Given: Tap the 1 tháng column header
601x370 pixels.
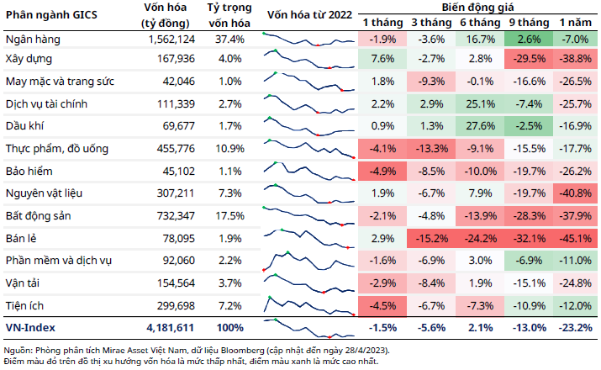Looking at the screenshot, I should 382,21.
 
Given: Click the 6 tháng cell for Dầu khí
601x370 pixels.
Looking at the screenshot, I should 480,127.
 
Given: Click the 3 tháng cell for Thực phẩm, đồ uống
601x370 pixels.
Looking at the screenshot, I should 431,149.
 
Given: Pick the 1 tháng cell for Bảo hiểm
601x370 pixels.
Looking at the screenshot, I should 382,171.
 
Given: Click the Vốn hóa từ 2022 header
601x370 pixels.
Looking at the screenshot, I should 308,14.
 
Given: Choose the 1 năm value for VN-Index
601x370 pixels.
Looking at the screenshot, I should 576,325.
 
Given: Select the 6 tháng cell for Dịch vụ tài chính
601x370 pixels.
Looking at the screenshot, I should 480,105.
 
